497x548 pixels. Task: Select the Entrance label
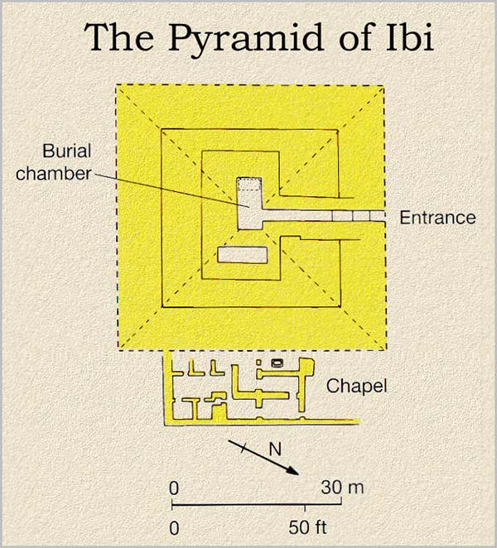(x=437, y=219)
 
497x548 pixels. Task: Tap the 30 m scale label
(x=342, y=488)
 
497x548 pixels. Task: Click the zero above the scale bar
(x=174, y=488)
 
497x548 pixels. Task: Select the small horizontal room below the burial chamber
(x=242, y=255)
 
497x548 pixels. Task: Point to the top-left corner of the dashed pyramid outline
(x=117, y=85)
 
